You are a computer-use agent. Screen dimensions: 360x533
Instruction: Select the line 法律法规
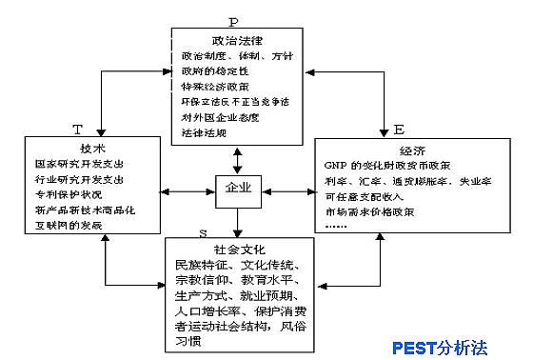(x=203, y=131)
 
